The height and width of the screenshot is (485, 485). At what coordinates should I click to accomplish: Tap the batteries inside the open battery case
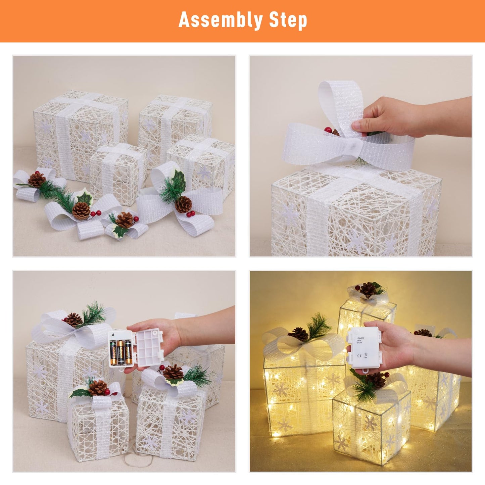121,352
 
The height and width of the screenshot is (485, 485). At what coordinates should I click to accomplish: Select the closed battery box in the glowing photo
364,347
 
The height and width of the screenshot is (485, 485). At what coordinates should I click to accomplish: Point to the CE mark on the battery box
359,355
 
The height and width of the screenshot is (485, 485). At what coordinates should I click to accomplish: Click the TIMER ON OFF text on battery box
360,340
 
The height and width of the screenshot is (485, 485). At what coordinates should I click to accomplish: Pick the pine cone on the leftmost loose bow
37,180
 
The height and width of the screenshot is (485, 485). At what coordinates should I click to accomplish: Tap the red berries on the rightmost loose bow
190,214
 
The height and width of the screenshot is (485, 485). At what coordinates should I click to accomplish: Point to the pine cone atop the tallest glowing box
368,289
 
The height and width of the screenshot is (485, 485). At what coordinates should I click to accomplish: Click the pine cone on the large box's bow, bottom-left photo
73,320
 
